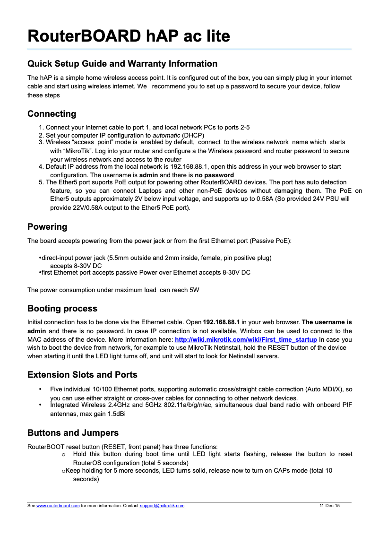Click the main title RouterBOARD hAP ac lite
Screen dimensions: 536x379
(129, 36)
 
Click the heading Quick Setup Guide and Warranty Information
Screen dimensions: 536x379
(122, 64)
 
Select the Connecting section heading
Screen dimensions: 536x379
(52, 114)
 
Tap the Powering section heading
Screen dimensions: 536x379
(47, 227)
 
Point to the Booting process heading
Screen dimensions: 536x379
(62, 309)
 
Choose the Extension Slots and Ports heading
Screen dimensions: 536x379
(82, 375)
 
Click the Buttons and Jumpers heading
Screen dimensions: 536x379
(73, 433)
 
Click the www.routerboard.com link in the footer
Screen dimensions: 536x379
(58, 506)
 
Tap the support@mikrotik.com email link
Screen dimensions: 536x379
(162, 506)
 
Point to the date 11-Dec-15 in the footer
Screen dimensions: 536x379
(329, 506)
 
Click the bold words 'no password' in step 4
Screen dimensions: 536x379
(214, 175)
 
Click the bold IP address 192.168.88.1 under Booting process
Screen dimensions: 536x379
(221, 323)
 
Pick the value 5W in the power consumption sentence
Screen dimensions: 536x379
(194, 290)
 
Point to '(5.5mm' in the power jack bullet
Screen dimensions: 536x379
(118, 258)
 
